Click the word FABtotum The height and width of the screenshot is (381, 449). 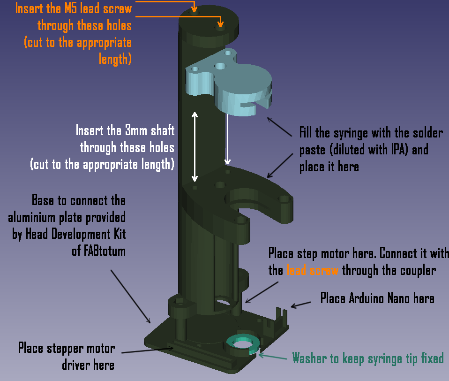pos(98,251)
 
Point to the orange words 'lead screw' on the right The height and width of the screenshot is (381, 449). pos(313,270)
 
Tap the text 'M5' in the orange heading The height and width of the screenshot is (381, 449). pos(71,8)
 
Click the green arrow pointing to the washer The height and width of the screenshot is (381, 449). pos(273,357)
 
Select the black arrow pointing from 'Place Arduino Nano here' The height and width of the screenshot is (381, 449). pos(301,305)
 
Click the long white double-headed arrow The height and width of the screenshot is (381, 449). pos(195,147)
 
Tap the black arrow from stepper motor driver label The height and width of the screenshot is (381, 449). pos(148,351)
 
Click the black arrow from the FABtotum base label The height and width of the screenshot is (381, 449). pos(131,297)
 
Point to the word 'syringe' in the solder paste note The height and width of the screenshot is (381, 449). pos(351,133)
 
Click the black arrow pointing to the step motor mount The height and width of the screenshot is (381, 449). pos(262,292)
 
